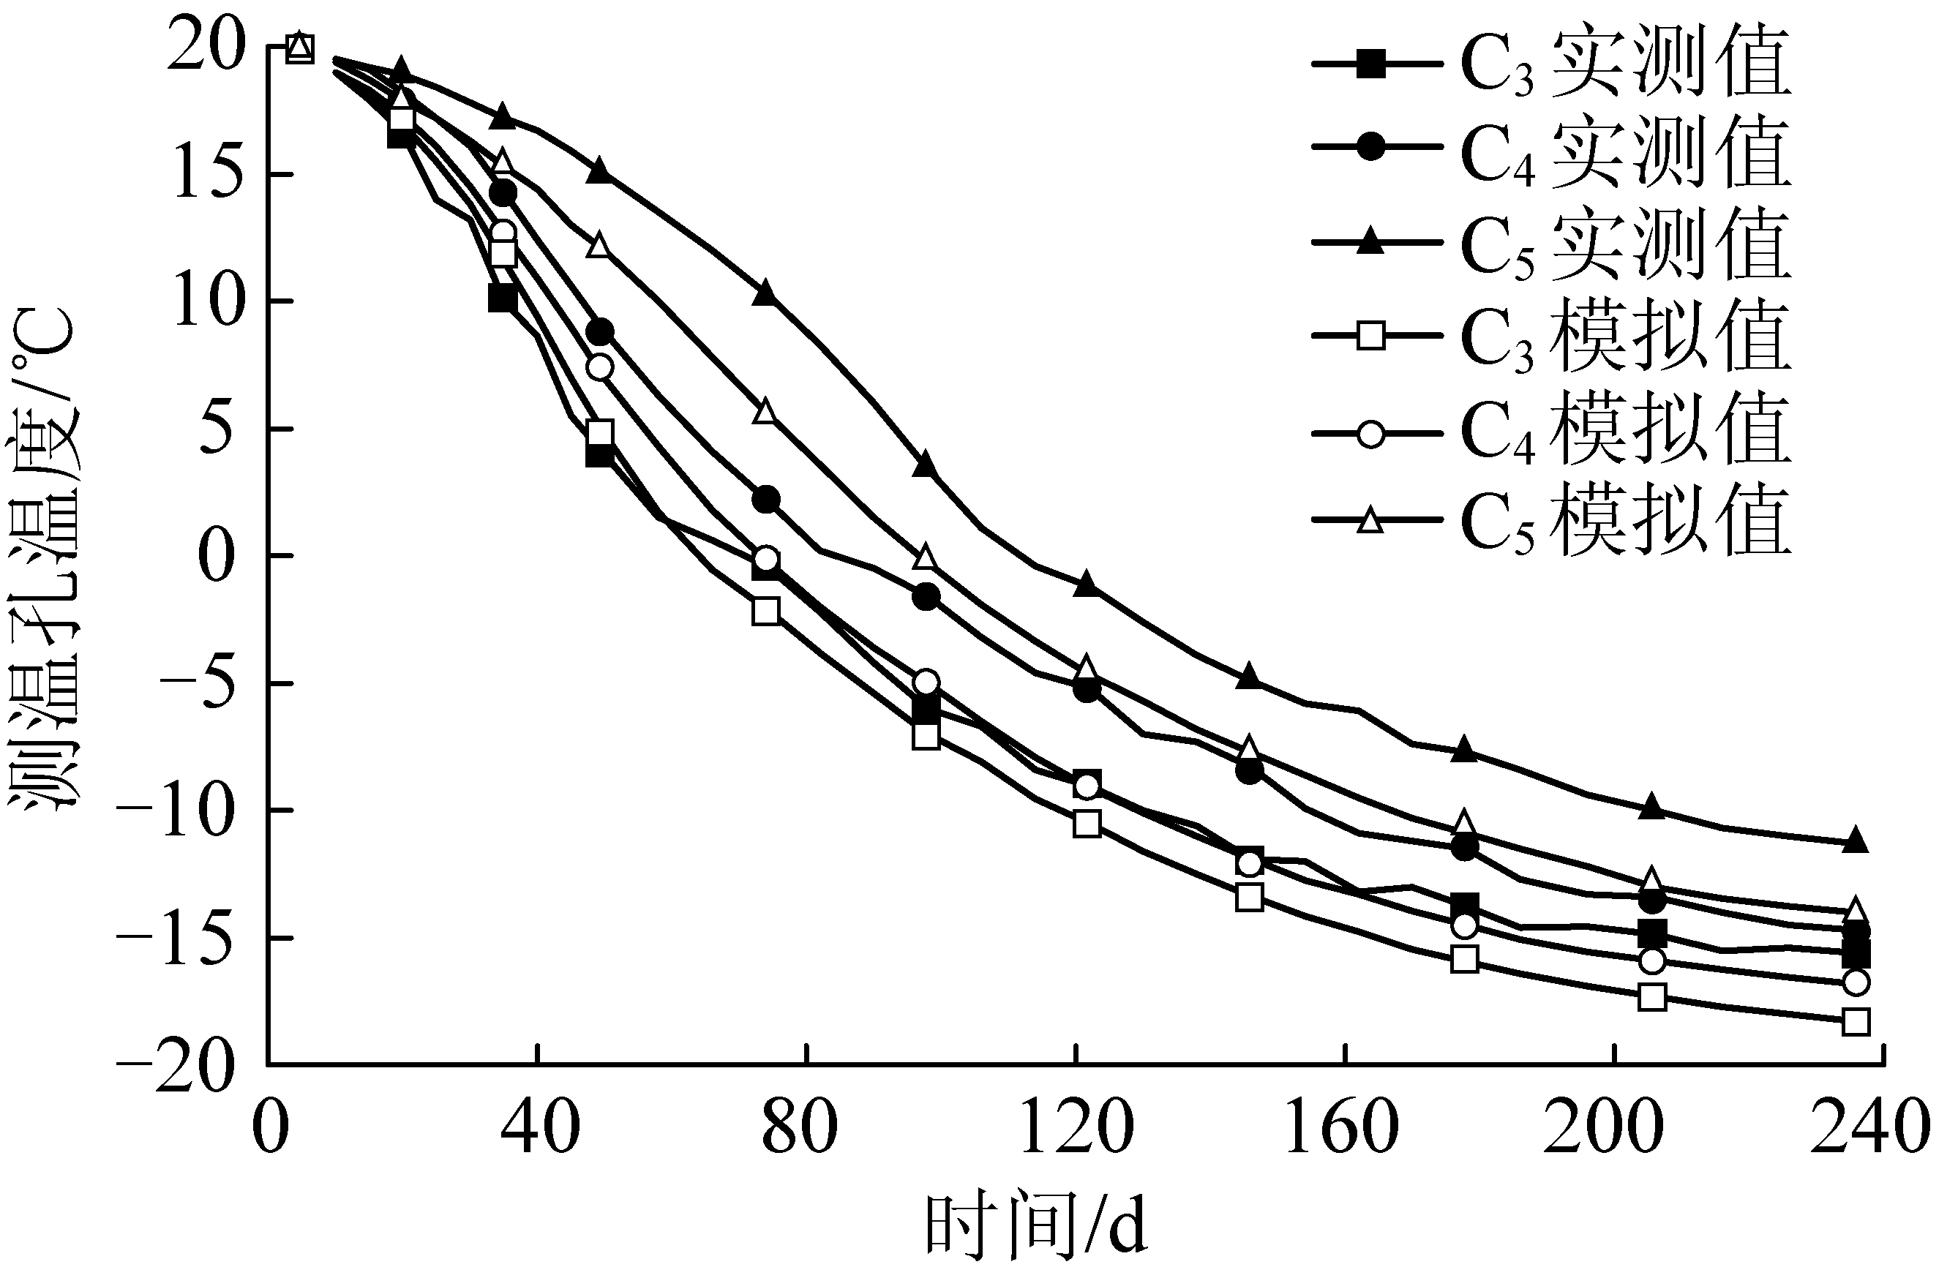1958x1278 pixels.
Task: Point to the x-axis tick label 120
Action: point(1076,1127)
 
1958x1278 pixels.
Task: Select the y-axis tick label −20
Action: point(177,1067)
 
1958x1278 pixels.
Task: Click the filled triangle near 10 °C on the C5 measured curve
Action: point(765,293)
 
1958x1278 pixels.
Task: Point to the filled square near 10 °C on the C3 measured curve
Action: point(502,298)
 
